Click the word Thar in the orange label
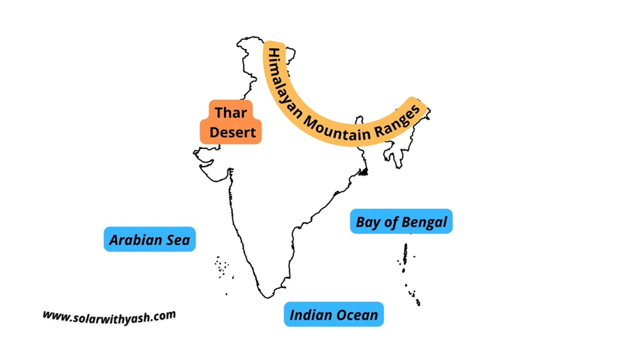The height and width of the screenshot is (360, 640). click(231, 112)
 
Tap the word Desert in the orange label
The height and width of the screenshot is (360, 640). click(232, 132)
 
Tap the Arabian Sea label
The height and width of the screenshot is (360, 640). click(150, 240)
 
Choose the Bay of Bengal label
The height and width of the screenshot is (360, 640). click(401, 222)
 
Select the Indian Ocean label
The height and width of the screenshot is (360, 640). click(334, 314)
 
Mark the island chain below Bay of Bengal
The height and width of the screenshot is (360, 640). click(408, 272)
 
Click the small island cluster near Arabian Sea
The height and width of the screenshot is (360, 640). click(222, 266)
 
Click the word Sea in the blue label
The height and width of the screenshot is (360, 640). click(180, 240)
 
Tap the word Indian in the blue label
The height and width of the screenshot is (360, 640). click(310, 314)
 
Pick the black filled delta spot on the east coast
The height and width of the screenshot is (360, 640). click(364, 171)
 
